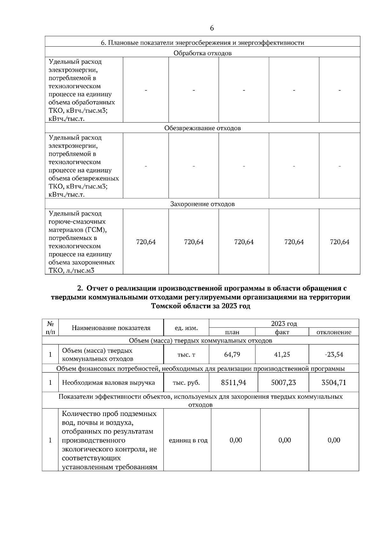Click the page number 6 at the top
click(212, 28)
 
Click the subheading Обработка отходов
click(202, 53)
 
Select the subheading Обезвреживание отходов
click(202, 128)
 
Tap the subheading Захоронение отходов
click(202, 204)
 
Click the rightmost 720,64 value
click(340, 242)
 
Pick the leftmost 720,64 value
click(146, 242)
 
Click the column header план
click(232, 332)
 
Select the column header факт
click(282, 332)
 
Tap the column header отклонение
click(334, 332)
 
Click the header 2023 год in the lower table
click(284, 324)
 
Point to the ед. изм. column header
click(186, 328)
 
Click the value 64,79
click(232, 354)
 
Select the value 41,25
click(282, 354)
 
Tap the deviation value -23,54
click(334, 354)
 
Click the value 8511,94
click(234, 382)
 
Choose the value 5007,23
click(283, 382)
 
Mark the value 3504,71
click(334, 382)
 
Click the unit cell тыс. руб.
click(186, 383)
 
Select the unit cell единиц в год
click(188, 440)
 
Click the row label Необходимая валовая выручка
click(109, 383)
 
